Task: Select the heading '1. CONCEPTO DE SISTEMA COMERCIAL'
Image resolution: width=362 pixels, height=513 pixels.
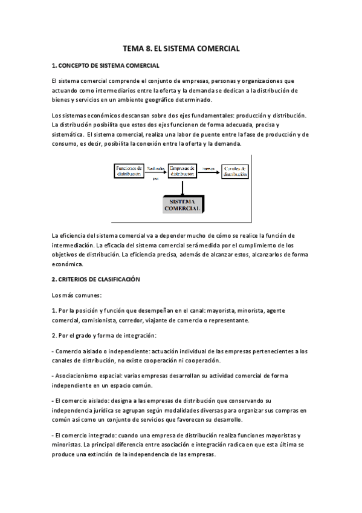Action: (106, 65)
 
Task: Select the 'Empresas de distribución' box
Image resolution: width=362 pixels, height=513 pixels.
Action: (182, 171)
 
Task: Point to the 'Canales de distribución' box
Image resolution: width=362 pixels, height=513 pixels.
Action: (234, 171)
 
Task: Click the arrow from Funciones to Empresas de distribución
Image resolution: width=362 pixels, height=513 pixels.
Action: (156, 172)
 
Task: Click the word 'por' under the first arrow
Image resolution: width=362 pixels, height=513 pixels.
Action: (156, 179)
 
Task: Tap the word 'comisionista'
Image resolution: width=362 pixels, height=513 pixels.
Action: (98, 321)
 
